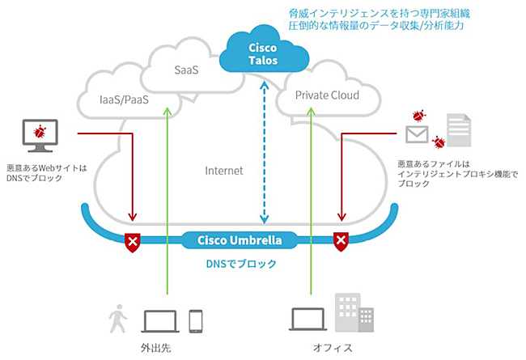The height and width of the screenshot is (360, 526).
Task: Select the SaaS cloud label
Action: (x=187, y=71)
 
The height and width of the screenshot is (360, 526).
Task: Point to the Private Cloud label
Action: (x=327, y=95)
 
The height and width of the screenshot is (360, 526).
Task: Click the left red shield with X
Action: (x=132, y=240)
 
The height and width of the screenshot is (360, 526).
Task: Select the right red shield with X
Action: (x=341, y=240)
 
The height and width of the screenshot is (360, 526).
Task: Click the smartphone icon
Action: (x=195, y=320)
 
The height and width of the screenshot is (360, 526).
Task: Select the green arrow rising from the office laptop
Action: (x=310, y=202)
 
